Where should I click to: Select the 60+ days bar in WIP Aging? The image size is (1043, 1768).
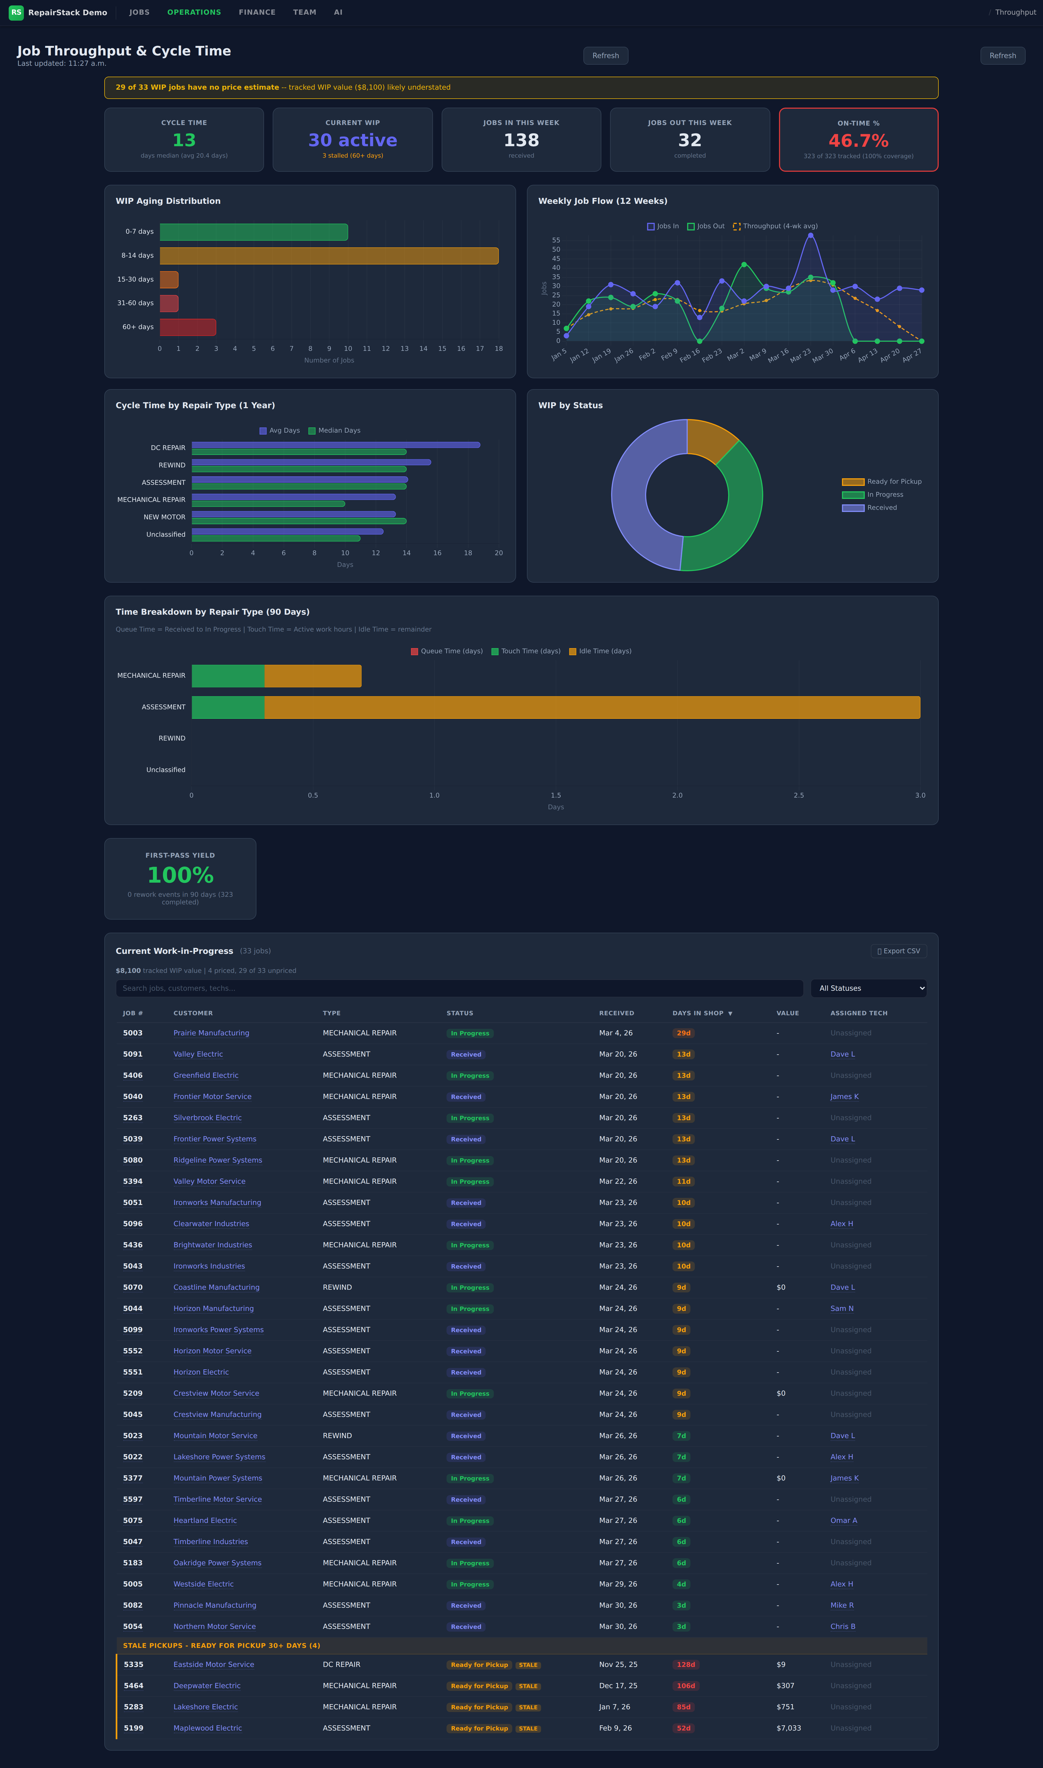click(x=188, y=327)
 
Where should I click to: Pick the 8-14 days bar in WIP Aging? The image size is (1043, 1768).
click(x=329, y=256)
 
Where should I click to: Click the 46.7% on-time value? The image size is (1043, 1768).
click(x=858, y=140)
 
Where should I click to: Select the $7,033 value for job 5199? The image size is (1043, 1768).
click(x=788, y=1728)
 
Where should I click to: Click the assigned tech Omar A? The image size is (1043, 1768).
click(x=843, y=1520)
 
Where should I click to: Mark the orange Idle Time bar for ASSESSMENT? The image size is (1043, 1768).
click(x=592, y=707)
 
